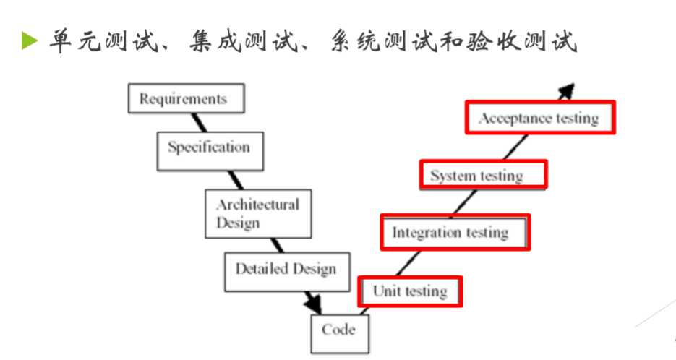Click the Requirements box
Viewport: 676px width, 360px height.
click(x=186, y=98)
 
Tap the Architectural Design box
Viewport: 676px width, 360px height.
click(x=258, y=213)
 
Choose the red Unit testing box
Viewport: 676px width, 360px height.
click(x=410, y=291)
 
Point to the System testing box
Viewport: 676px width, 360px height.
click(x=482, y=175)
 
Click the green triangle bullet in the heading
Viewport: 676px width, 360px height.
click(x=28, y=41)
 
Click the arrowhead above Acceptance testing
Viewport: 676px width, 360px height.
click(x=567, y=91)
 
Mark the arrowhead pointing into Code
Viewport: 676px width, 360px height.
click(x=314, y=302)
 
